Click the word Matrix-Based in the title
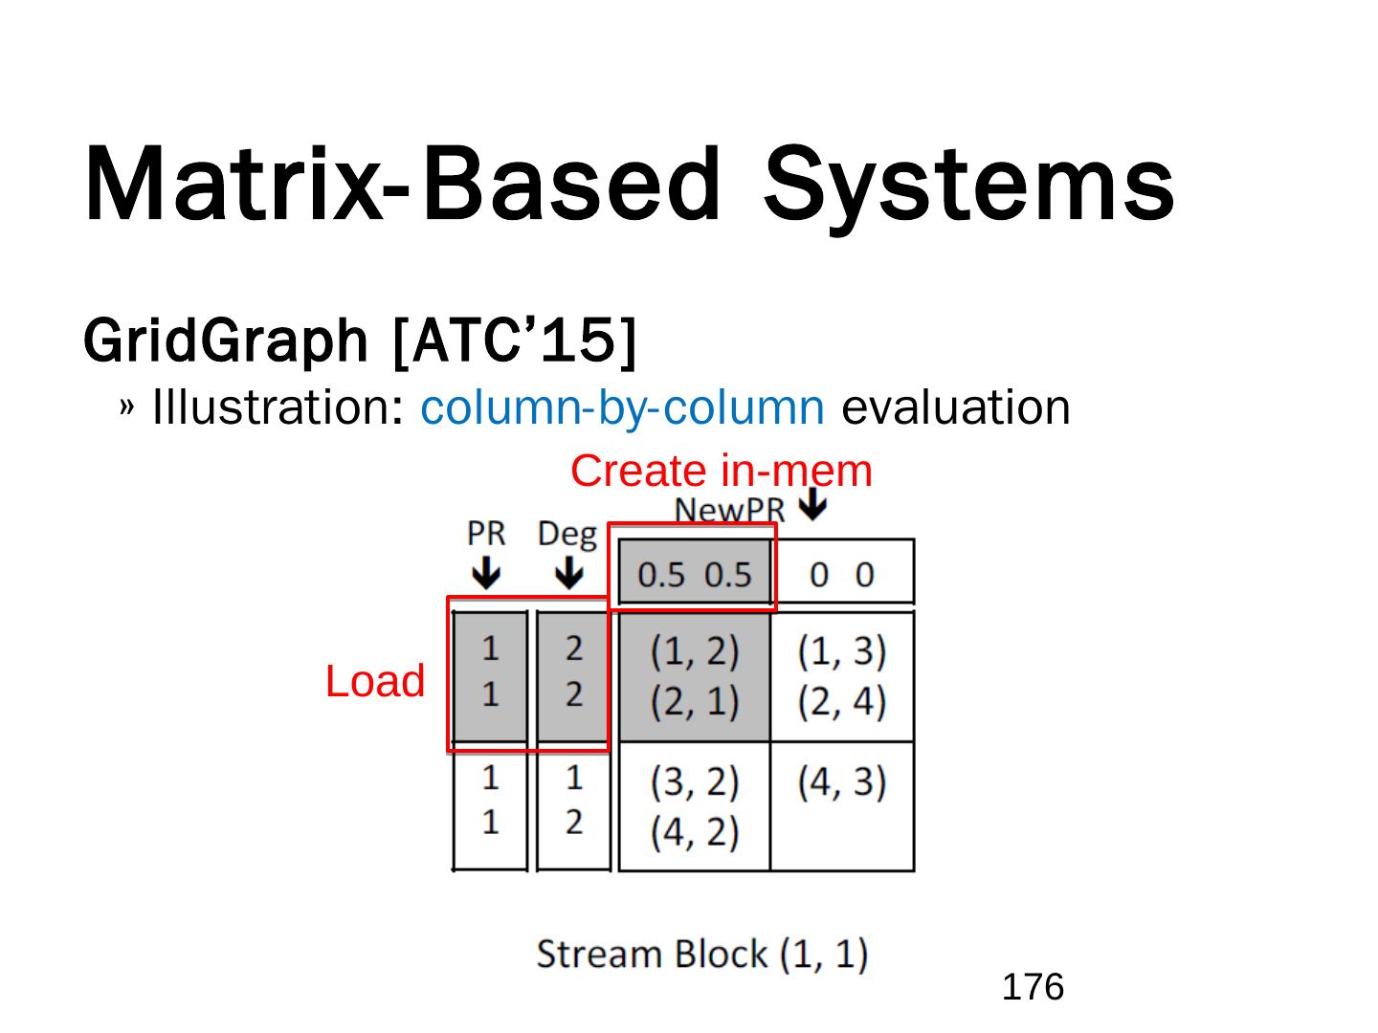click(401, 184)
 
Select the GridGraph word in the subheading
click(226, 341)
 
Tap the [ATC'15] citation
click(514, 341)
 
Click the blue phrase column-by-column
click(622, 408)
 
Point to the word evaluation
click(955, 408)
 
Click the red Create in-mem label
click(721, 472)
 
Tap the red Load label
click(374, 682)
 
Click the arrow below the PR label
click(486, 574)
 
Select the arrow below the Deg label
click(568, 574)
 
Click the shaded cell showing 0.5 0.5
click(694, 574)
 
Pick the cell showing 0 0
click(841, 574)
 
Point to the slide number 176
click(1033, 986)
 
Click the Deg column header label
click(567, 534)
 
